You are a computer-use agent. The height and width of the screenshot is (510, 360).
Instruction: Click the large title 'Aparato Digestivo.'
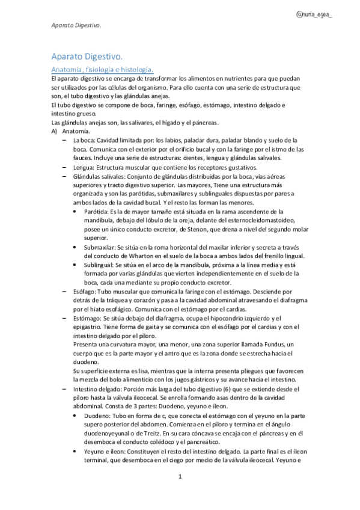point(87,57)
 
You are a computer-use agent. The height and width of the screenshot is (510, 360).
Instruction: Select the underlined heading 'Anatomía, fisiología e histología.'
point(102,70)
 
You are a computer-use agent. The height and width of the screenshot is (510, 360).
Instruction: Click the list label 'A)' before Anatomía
point(54,131)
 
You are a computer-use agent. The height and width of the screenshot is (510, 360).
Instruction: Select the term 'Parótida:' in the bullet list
point(99,212)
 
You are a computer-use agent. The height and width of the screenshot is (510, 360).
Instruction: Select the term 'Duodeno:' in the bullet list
point(99,415)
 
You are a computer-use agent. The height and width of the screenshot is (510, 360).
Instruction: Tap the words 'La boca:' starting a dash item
point(86,140)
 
